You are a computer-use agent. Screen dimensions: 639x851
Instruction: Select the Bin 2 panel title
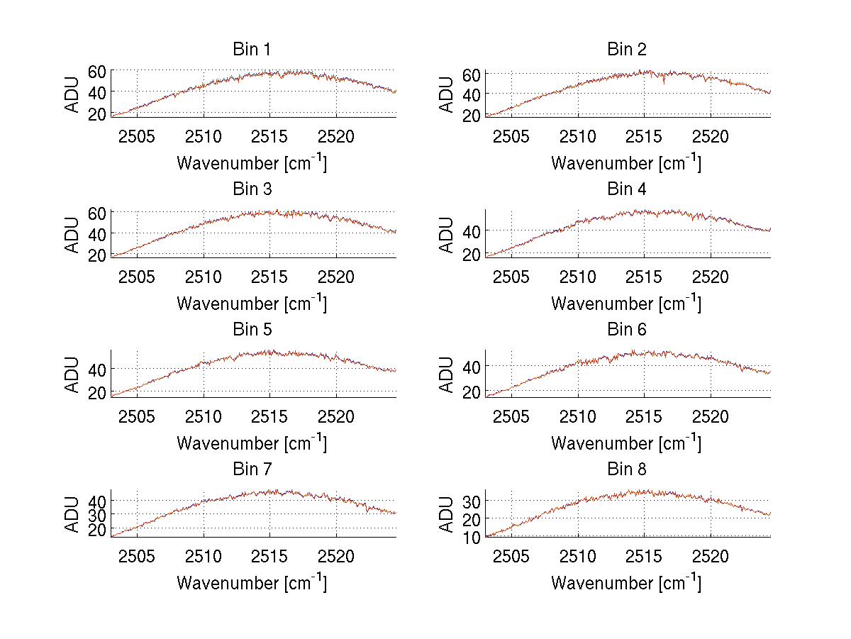pyautogui.click(x=627, y=50)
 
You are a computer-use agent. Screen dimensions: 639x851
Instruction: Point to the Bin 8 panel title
pyautogui.click(x=627, y=469)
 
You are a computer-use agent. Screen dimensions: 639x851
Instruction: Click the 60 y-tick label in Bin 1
pyautogui.click(x=97, y=71)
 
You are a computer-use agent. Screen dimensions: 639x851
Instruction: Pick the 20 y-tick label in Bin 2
pyautogui.click(x=472, y=114)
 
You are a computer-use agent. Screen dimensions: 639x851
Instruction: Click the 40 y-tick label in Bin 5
pyautogui.click(x=97, y=369)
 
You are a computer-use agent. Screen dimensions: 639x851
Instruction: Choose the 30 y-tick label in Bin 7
pyautogui.click(x=97, y=515)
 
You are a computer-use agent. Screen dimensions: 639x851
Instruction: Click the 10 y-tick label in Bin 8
pyautogui.click(x=472, y=537)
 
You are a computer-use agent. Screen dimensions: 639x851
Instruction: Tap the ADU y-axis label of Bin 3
pyautogui.click(x=72, y=234)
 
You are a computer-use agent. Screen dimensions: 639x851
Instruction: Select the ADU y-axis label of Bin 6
pyautogui.click(x=447, y=374)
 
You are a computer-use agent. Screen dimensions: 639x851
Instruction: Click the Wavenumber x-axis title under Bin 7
pyautogui.click(x=252, y=583)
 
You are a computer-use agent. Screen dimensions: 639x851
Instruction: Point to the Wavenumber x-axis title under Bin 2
pyautogui.click(x=626, y=163)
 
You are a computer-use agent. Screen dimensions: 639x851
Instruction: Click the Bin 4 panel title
pyautogui.click(x=627, y=189)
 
